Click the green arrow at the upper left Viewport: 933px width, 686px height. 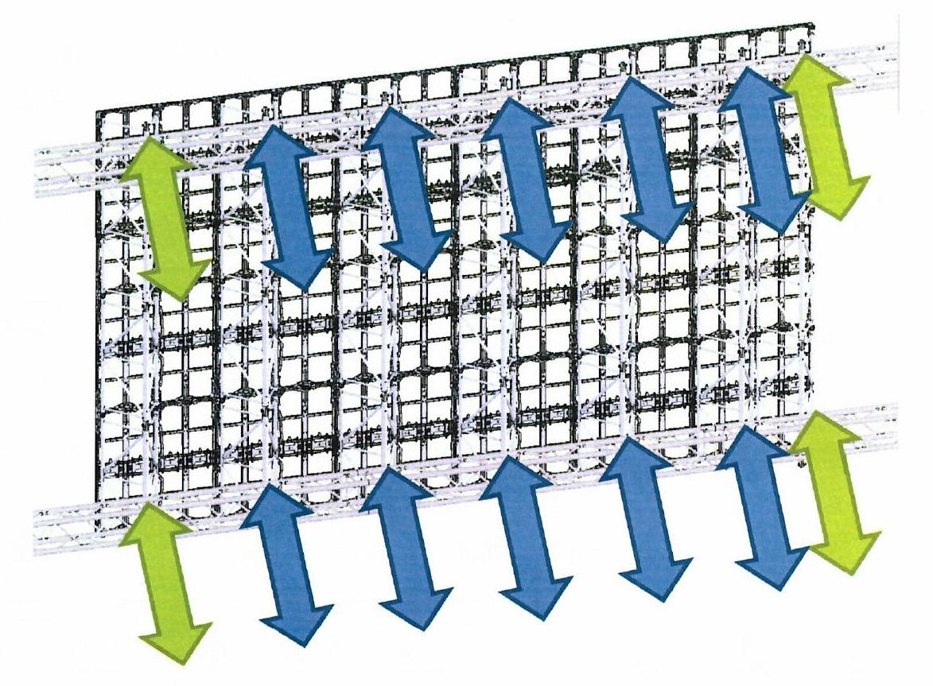pyautogui.click(x=165, y=217)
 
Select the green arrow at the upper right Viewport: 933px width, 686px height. pyautogui.click(x=826, y=135)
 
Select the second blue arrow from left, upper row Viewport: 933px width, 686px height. pyautogui.click(x=406, y=188)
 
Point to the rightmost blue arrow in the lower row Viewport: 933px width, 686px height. pyautogui.click(x=763, y=509)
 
